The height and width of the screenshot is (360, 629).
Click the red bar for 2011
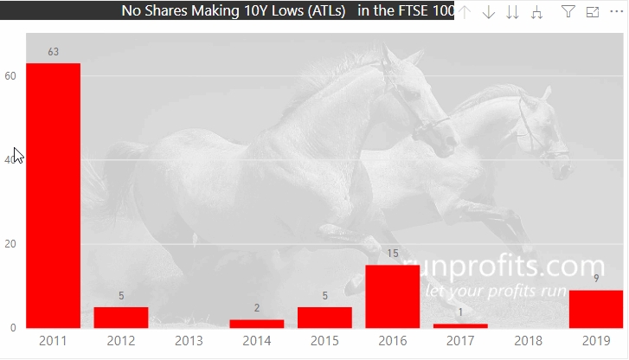54,195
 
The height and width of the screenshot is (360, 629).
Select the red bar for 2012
121,318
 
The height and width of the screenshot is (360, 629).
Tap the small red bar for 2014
257,324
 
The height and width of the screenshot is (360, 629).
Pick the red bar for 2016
393,297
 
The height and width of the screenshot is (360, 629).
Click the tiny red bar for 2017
460,325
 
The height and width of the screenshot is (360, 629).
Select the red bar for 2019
596,309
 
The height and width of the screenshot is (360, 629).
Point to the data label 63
54,52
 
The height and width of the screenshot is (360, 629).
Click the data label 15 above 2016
393,254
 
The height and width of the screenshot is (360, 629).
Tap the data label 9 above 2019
596,278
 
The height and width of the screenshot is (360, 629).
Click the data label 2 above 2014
257,308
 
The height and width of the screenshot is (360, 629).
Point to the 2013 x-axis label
189,341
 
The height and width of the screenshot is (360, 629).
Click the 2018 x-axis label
529,341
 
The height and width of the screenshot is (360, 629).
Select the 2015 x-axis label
324,341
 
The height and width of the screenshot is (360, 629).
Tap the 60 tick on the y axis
10,76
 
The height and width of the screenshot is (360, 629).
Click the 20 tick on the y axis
10,244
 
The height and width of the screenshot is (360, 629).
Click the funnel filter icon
568,11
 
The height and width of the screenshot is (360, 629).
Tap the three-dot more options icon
617,11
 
